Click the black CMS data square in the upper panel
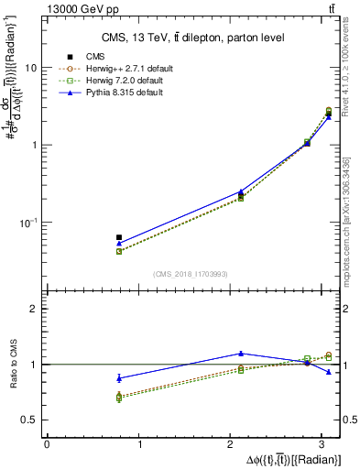point(119,237)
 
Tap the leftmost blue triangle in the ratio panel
point(119,377)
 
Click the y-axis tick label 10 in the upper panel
point(31,68)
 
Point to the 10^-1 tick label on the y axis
point(28,222)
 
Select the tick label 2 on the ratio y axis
point(34,310)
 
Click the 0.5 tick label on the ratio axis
point(29,420)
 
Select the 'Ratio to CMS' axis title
point(12,365)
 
